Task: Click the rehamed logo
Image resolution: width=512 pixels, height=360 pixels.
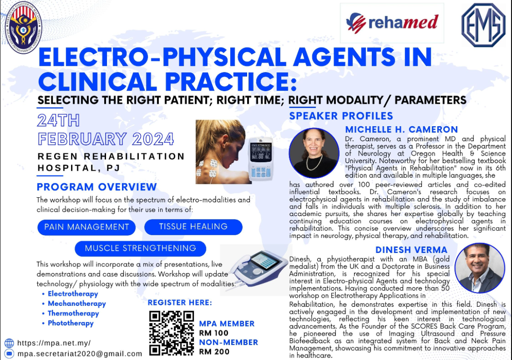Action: click(392, 22)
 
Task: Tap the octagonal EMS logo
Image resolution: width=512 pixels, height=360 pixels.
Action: click(483, 25)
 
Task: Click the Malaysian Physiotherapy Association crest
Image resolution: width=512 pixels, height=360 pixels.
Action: click(23, 27)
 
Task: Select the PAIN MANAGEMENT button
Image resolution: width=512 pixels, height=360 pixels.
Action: click(86, 227)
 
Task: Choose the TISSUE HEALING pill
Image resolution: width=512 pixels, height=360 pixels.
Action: click(193, 227)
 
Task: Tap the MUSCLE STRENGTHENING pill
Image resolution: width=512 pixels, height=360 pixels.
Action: click(141, 248)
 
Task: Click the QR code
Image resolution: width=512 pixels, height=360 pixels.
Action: click(171, 333)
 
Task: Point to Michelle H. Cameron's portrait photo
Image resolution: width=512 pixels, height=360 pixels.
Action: click(314, 152)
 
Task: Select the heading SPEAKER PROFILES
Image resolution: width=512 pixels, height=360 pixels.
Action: click(341, 116)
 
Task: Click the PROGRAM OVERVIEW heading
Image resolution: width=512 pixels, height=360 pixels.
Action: click(97, 187)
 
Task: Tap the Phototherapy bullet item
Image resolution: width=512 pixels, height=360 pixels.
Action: click(71, 323)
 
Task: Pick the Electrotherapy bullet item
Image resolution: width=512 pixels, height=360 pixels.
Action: click(73, 294)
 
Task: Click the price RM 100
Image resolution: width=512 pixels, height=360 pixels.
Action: click(214, 333)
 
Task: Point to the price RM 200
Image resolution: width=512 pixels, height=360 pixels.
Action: click(214, 352)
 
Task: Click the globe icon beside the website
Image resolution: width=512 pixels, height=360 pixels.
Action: click(9, 343)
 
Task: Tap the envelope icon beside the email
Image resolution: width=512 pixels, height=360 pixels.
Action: click(9, 353)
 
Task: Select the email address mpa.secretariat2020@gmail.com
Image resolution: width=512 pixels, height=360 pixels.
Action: click(80, 354)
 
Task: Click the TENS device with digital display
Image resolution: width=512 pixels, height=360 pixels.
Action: click(261, 159)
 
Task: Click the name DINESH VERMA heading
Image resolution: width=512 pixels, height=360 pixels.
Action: click(412, 250)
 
